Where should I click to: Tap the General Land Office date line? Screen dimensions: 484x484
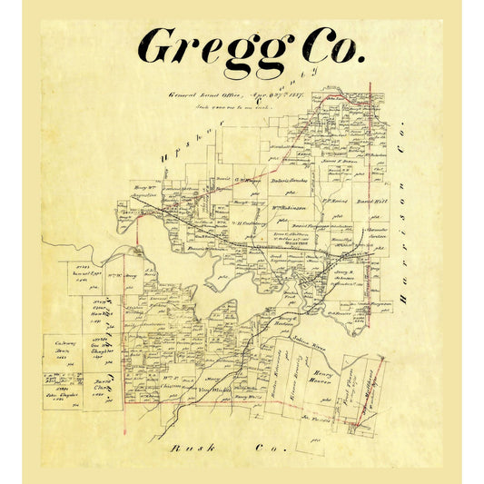point(226,94)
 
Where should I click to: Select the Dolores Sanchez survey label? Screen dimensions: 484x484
point(290,180)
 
